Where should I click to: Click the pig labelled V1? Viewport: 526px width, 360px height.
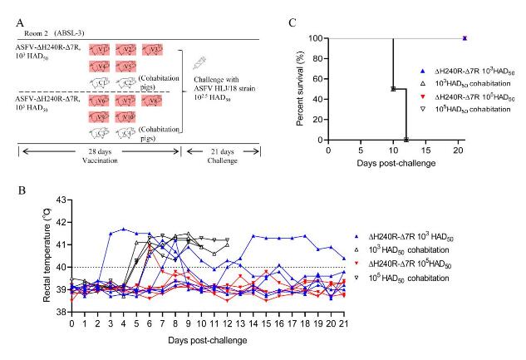pos(100,51)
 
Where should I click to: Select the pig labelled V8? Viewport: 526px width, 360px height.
pos(152,101)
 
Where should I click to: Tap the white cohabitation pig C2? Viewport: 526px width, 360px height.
pos(126,82)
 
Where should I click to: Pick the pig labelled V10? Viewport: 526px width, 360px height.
pos(126,117)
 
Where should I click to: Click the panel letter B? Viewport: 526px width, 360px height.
pos(22,190)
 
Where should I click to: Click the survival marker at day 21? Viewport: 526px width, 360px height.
pos(465,38)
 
